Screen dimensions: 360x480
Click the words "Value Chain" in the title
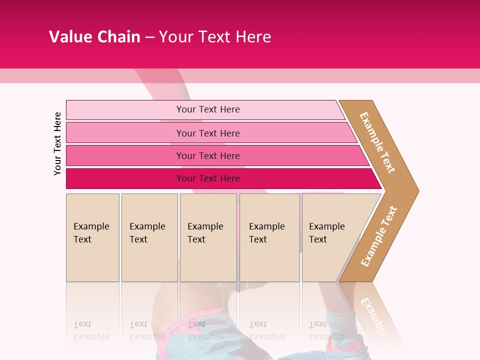coord(94,37)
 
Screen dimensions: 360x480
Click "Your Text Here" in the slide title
coord(215,37)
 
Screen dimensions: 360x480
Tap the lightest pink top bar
coord(125,110)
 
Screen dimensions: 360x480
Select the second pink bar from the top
coord(125,133)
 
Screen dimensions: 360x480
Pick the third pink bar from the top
coord(125,155)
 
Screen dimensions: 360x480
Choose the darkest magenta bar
coord(125,178)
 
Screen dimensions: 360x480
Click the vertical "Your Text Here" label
coord(57,143)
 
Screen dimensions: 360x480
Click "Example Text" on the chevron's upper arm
coord(377,142)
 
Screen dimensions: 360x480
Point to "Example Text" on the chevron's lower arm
coord(379,236)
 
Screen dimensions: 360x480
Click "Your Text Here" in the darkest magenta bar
coord(208,178)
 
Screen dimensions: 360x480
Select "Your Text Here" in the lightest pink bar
coord(208,109)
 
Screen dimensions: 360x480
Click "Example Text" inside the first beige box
coord(91,232)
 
